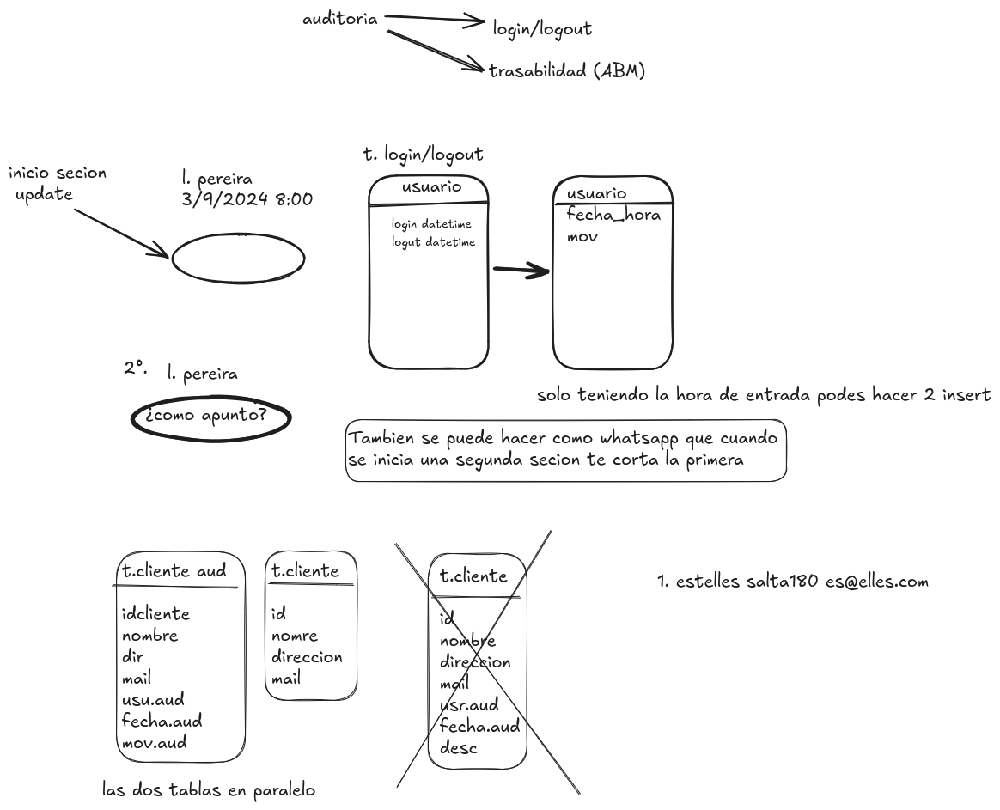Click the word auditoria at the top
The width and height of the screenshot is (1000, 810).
click(340, 19)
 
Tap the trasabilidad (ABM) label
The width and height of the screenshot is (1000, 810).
click(567, 71)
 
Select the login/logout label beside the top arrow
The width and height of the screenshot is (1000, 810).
click(542, 29)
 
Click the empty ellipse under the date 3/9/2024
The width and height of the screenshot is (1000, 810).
click(238, 257)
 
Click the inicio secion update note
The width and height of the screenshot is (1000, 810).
click(57, 184)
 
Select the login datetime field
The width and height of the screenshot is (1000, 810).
click(431, 224)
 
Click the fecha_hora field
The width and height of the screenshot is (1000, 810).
click(613, 215)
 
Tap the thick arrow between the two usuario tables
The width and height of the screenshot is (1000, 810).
click(521, 271)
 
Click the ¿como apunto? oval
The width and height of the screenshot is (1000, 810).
click(210, 417)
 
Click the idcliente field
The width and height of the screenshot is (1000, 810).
click(155, 614)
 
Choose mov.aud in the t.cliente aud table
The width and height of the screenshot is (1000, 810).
click(155, 742)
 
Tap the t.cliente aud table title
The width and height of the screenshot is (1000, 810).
click(174, 570)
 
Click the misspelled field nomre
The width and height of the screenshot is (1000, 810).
click(295, 636)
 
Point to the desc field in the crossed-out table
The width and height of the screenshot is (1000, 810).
click(458, 747)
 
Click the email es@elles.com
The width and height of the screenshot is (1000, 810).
click(876, 582)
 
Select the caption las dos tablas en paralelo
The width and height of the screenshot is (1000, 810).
click(209, 789)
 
